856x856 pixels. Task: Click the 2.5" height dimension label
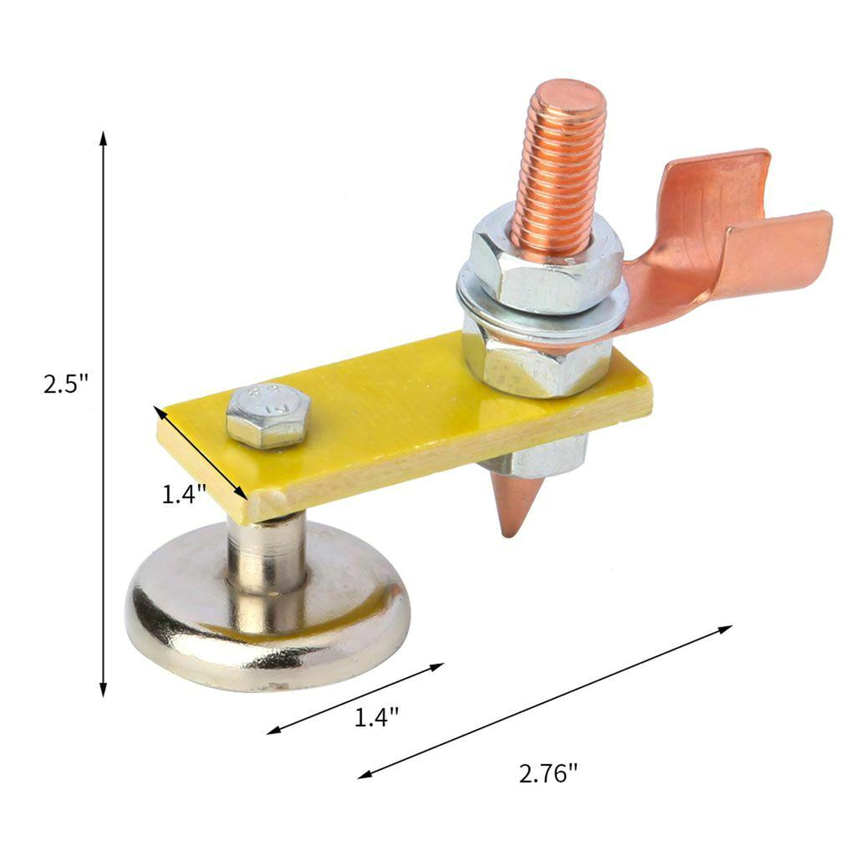pos(66,385)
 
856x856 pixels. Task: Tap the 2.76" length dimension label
pos(548,773)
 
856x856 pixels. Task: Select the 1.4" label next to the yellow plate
pos(184,494)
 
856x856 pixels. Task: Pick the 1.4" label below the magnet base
pos(376,716)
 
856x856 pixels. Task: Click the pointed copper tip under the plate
pos(513,507)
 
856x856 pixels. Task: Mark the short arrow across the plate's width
pos(201,452)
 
